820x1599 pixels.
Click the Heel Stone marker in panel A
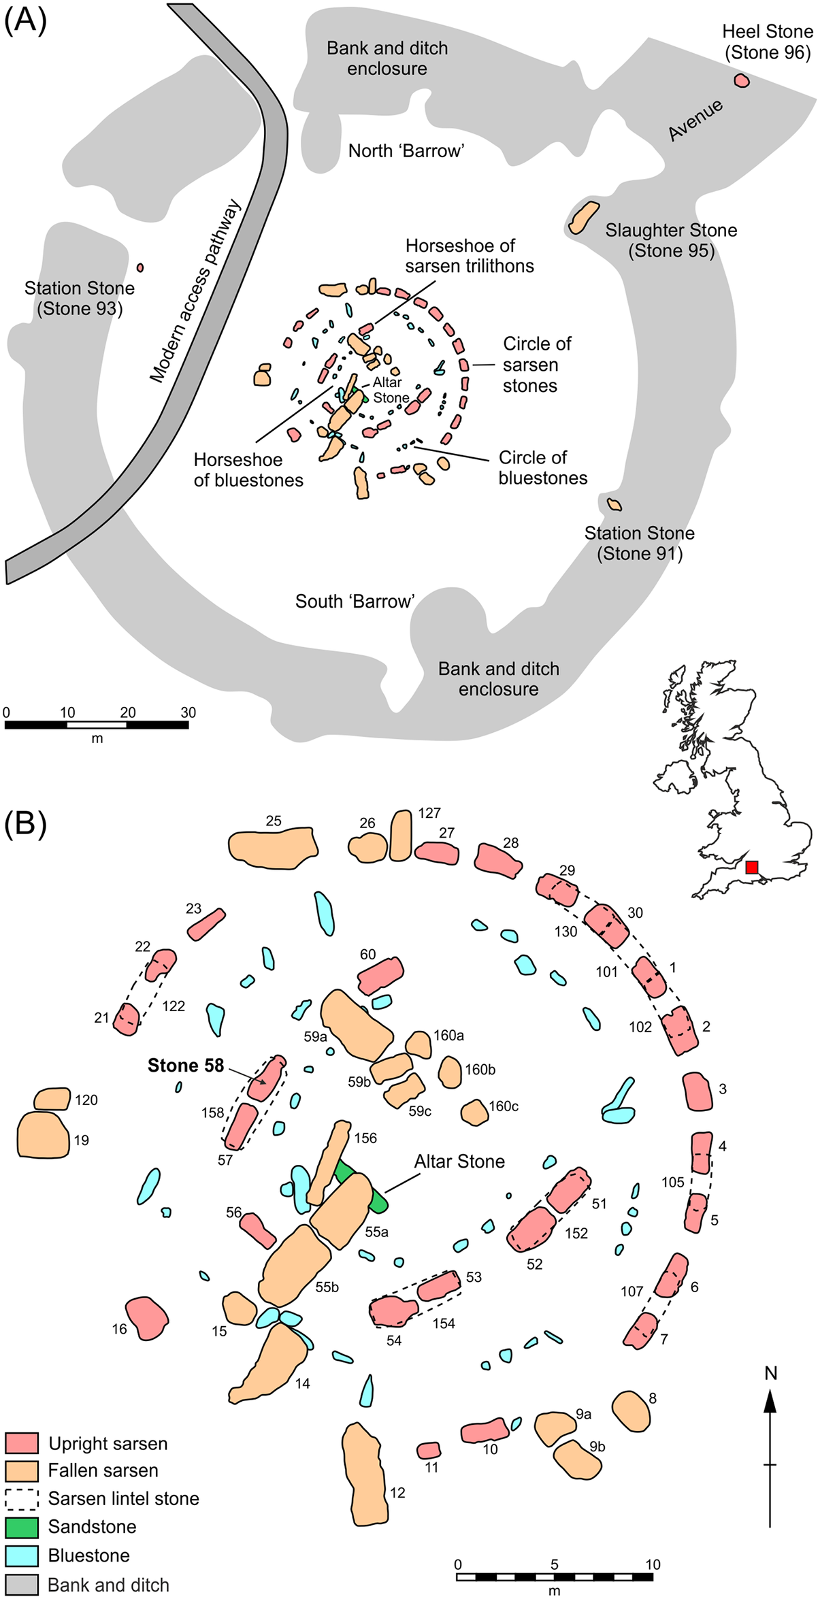742,80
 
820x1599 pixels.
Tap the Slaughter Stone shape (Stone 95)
583,217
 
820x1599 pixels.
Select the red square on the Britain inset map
751,867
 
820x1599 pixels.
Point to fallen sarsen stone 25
272,847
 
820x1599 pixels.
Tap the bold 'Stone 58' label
185,1066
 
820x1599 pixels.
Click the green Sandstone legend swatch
21,1527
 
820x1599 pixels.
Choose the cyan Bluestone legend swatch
21,1555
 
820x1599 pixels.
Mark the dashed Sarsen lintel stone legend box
21,1498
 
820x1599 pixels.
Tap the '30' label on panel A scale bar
188,712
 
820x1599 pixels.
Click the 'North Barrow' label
406,150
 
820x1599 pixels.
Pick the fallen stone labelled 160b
449,1072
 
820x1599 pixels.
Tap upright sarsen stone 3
697,1091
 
